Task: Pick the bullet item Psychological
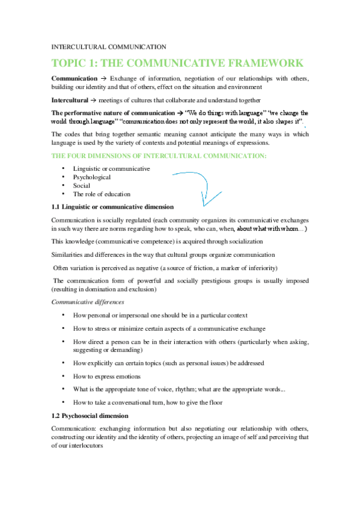tap(92, 177)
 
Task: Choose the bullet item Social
tap(82, 186)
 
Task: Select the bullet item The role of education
tap(102, 194)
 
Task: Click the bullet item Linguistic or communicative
tap(111, 169)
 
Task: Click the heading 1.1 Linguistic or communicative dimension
tap(113, 206)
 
